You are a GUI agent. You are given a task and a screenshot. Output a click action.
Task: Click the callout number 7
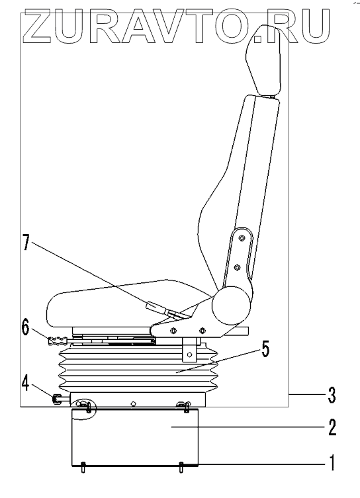tap(26, 243)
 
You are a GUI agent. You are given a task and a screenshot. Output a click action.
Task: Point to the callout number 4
tap(26, 384)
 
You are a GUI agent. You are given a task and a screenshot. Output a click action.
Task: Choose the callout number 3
tap(332, 395)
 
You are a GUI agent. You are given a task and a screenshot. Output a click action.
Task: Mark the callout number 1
tap(332, 462)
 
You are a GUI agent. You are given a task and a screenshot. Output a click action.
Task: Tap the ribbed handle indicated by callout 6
tap(58, 341)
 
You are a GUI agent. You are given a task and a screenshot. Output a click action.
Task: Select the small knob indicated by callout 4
tap(56, 399)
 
